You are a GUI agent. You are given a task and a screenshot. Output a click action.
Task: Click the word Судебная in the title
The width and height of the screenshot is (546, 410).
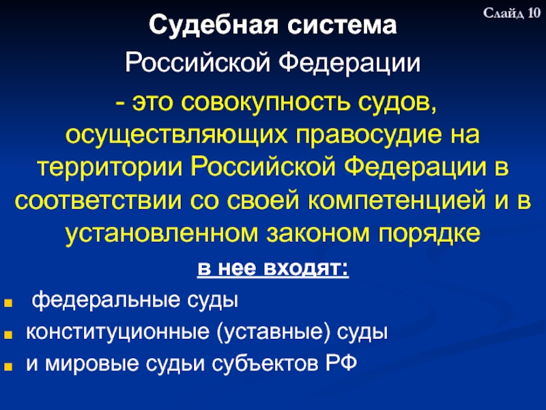pos(199,28)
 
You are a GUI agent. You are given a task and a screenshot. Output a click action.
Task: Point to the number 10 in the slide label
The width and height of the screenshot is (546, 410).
pos(532,13)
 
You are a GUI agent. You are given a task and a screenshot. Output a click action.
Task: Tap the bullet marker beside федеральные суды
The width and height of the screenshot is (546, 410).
pos(10,300)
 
